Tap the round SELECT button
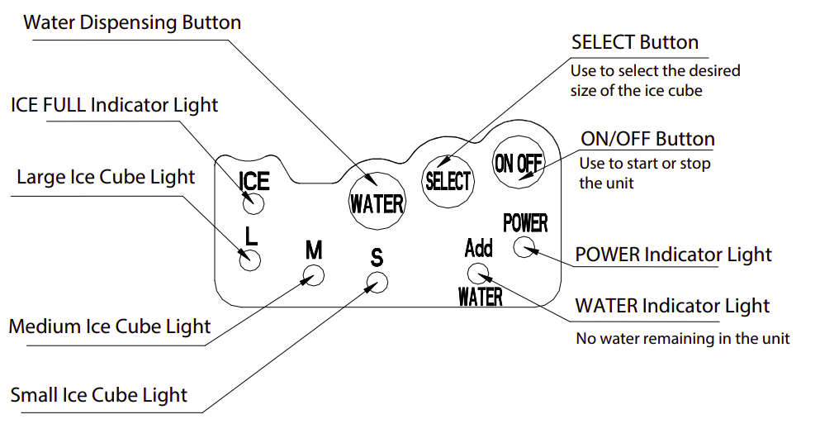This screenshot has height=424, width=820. [448, 178]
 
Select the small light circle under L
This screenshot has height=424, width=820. [250, 260]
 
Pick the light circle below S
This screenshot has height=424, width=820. [377, 283]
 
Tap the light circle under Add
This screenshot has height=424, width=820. [478, 274]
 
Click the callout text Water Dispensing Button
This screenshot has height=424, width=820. [132, 22]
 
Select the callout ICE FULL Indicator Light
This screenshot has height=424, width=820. [114, 105]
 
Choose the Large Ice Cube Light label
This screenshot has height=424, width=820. [106, 177]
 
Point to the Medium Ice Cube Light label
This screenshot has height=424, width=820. [110, 326]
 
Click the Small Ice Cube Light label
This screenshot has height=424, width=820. [99, 394]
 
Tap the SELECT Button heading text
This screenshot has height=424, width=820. [635, 42]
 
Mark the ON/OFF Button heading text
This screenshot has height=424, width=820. [647, 139]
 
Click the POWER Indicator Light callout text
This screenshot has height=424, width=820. [673, 255]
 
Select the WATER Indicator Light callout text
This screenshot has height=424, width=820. [672, 306]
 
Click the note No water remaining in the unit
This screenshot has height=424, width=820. [682, 338]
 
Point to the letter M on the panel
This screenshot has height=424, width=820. [314, 250]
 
